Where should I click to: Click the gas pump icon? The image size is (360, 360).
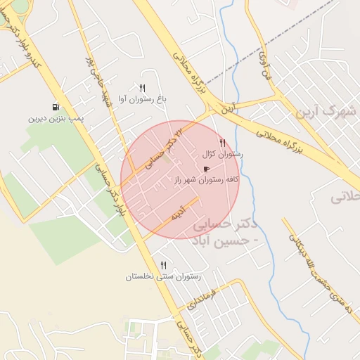tap(54, 106)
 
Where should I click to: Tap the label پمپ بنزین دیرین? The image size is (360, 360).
tap(56, 118)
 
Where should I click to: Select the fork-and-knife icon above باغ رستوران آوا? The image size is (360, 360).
tap(142, 88)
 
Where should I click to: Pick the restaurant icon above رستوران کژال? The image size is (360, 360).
tap(223, 143)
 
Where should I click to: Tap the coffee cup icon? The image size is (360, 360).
tap(206, 169)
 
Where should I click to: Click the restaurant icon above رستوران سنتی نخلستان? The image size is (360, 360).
tap(163, 265)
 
